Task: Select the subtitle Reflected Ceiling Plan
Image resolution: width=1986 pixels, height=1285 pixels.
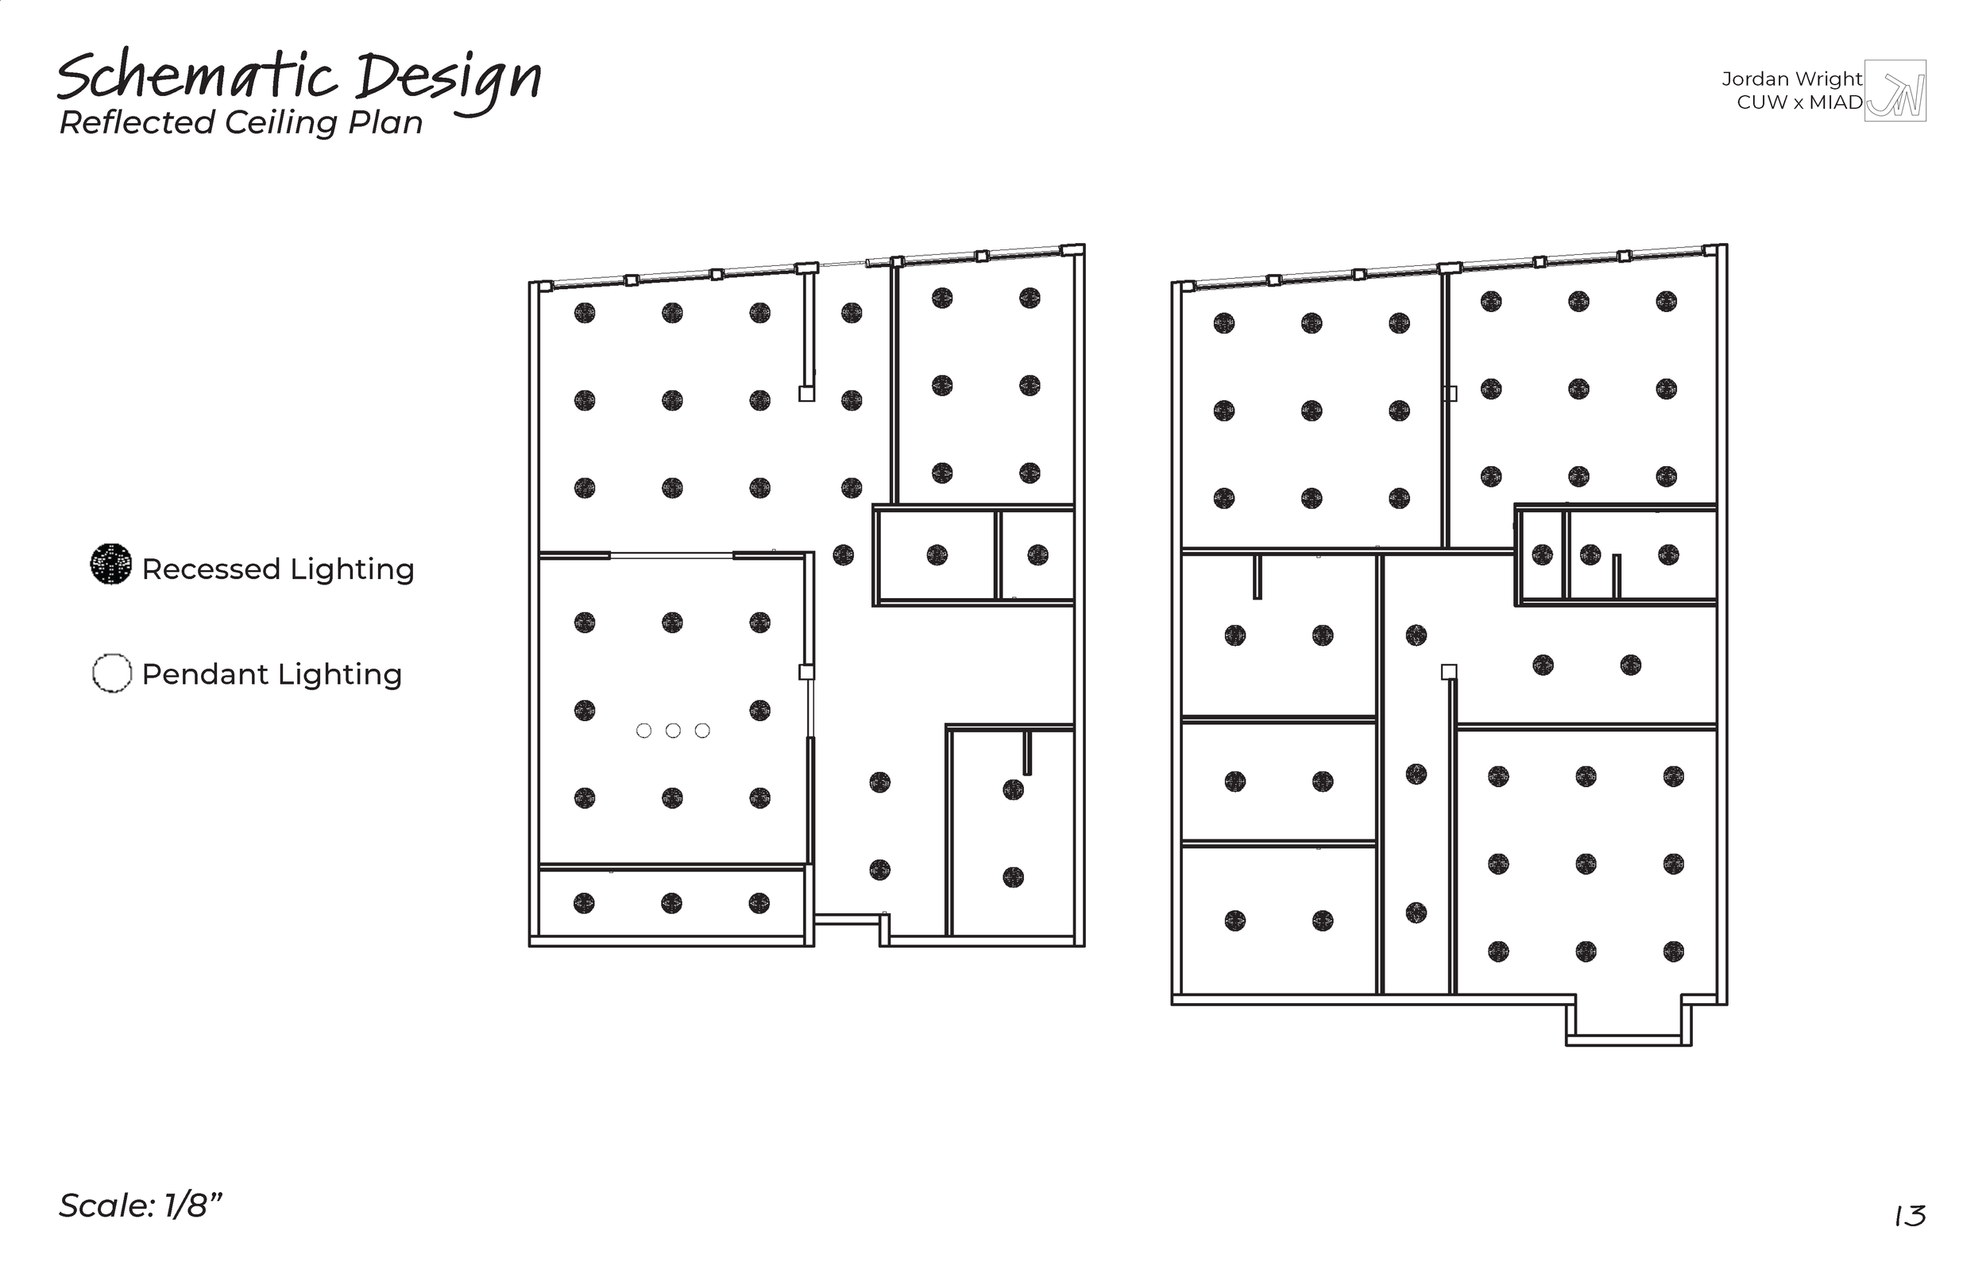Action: click(x=241, y=122)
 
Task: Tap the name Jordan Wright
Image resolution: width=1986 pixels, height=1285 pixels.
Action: click(x=1791, y=79)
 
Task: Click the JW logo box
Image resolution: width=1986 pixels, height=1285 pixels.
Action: click(x=1895, y=91)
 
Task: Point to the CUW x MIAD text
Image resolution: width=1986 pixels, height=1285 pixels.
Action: click(x=1799, y=102)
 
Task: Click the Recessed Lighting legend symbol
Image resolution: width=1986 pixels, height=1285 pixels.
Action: click(x=111, y=564)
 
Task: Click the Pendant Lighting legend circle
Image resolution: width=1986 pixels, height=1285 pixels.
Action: click(x=112, y=673)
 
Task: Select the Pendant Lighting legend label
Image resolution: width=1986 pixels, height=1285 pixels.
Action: click(x=272, y=674)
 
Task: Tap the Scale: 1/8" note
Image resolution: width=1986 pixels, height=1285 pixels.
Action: click(x=140, y=1206)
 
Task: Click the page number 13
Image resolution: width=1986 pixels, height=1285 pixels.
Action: click(x=1909, y=1217)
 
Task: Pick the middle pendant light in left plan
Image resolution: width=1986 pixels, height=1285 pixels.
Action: click(x=674, y=731)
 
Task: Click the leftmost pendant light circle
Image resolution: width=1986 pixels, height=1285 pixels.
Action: click(x=643, y=731)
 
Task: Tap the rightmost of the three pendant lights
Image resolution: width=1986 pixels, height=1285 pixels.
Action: click(x=702, y=731)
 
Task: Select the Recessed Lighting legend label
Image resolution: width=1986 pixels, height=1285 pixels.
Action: click(x=278, y=569)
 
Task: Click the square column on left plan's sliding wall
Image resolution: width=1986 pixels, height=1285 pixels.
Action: click(x=806, y=672)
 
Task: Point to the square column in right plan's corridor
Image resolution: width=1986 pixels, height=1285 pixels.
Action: click(x=1450, y=672)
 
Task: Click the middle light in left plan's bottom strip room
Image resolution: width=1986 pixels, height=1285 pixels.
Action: click(x=672, y=903)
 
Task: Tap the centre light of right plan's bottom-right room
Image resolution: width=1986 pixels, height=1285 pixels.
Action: click(x=1586, y=863)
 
